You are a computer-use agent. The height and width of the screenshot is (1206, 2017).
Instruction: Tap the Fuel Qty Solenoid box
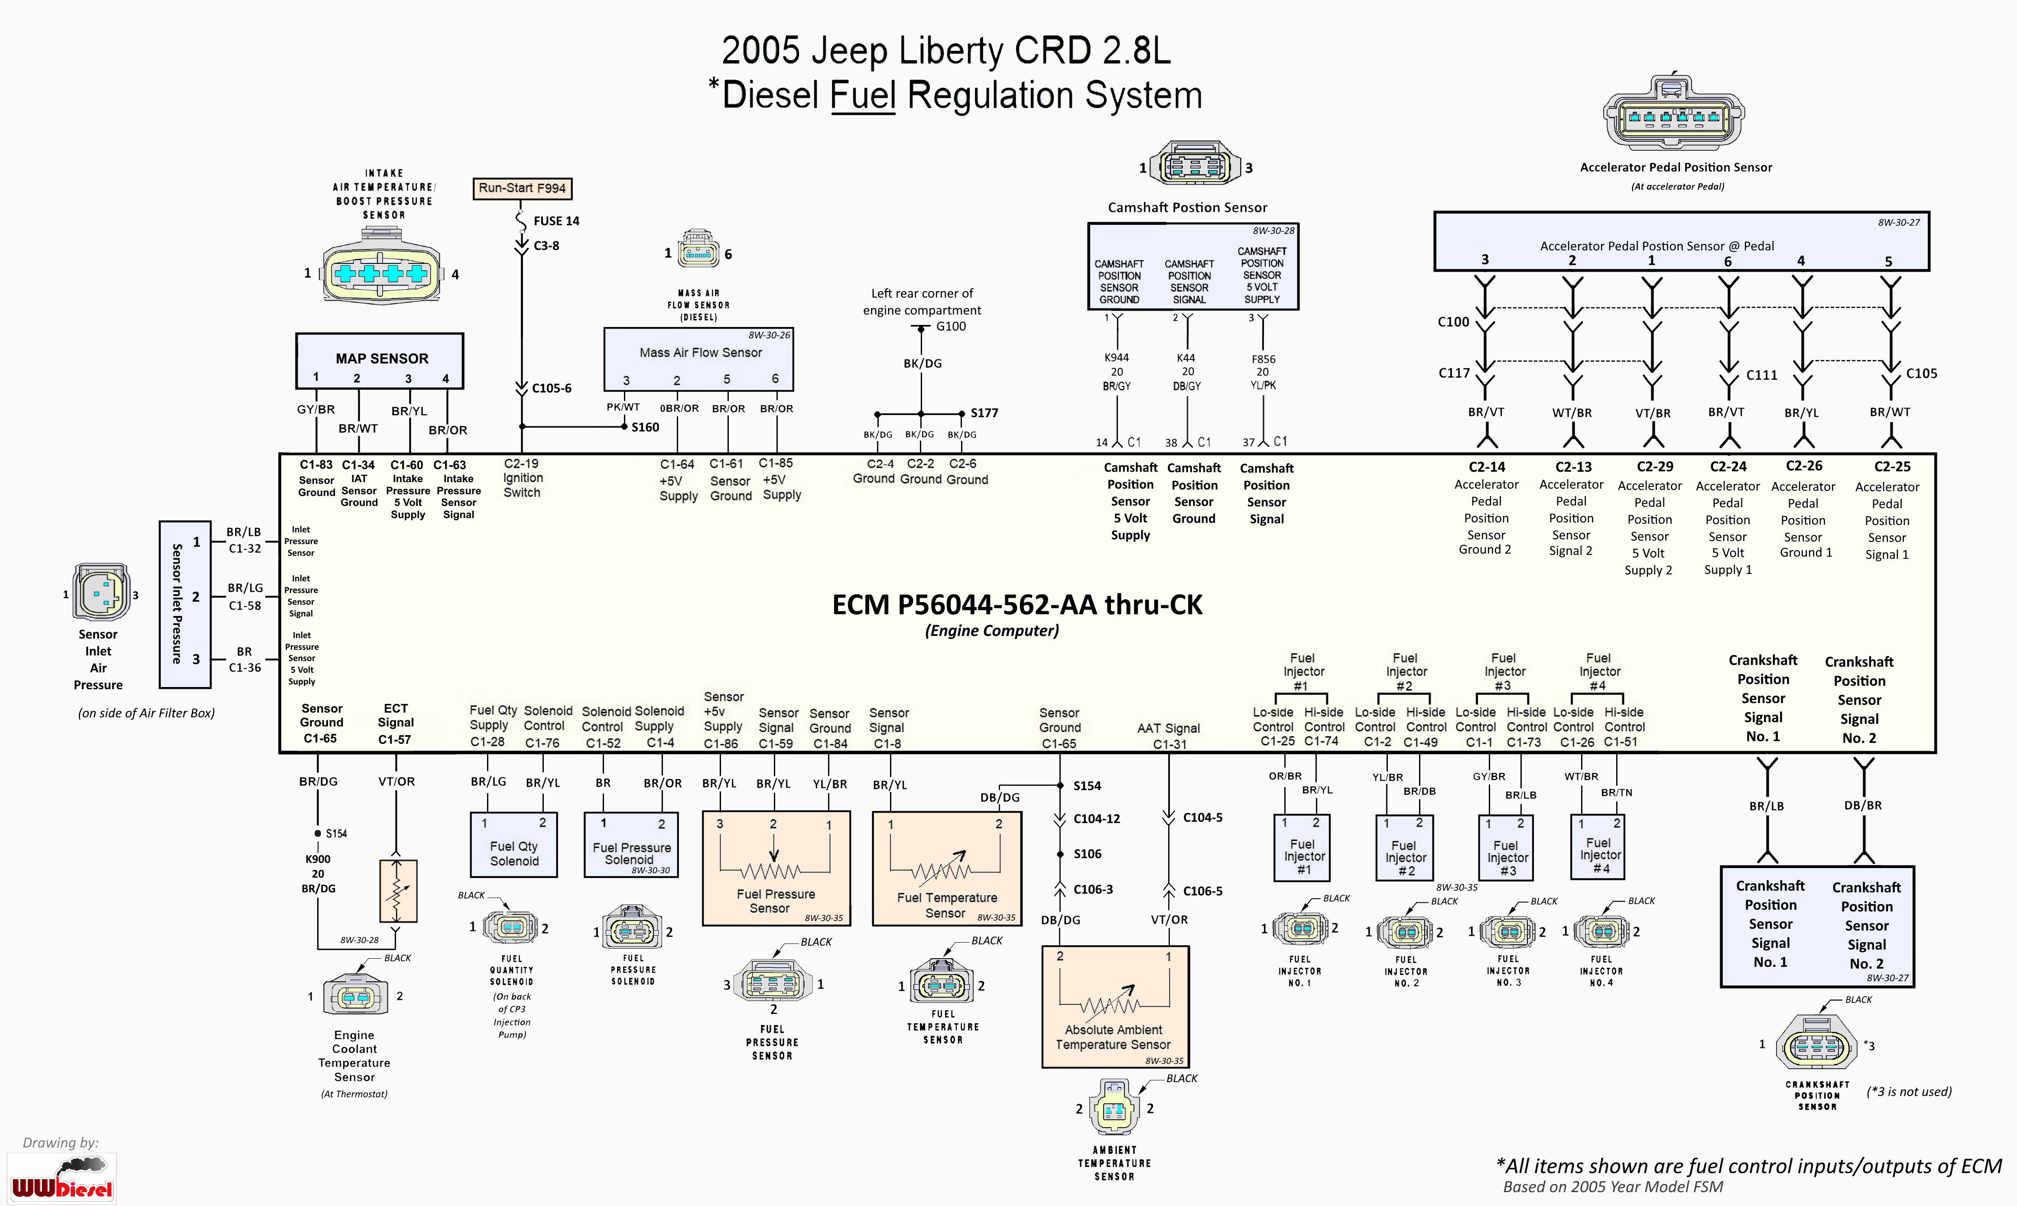[513, 845]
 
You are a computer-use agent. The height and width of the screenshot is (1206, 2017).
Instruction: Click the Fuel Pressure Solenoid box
[631, 845]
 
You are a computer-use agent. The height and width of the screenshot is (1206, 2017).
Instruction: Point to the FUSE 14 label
[556, 221]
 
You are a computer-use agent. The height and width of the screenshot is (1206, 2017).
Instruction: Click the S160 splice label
[645, 428]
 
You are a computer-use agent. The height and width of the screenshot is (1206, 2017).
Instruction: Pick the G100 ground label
[951, 327]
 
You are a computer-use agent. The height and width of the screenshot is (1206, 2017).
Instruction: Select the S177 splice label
[984, 413]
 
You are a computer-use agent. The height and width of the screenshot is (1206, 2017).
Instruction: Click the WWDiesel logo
[62, 1178]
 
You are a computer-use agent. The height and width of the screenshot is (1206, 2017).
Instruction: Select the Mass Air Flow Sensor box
[699, 359]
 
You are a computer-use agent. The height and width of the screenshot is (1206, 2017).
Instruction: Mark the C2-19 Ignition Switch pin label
[522, 478]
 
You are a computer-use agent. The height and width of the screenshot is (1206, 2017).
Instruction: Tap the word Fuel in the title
[863, 95]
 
